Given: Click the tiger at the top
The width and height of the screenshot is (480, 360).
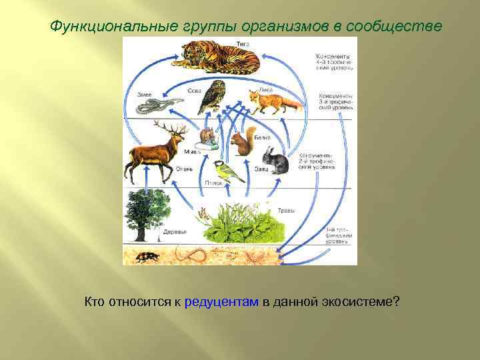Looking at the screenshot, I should coord(213,59).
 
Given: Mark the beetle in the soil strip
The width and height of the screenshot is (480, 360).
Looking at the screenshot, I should coord(147,256).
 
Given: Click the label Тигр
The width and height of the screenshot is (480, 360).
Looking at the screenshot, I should coord(242,43).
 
